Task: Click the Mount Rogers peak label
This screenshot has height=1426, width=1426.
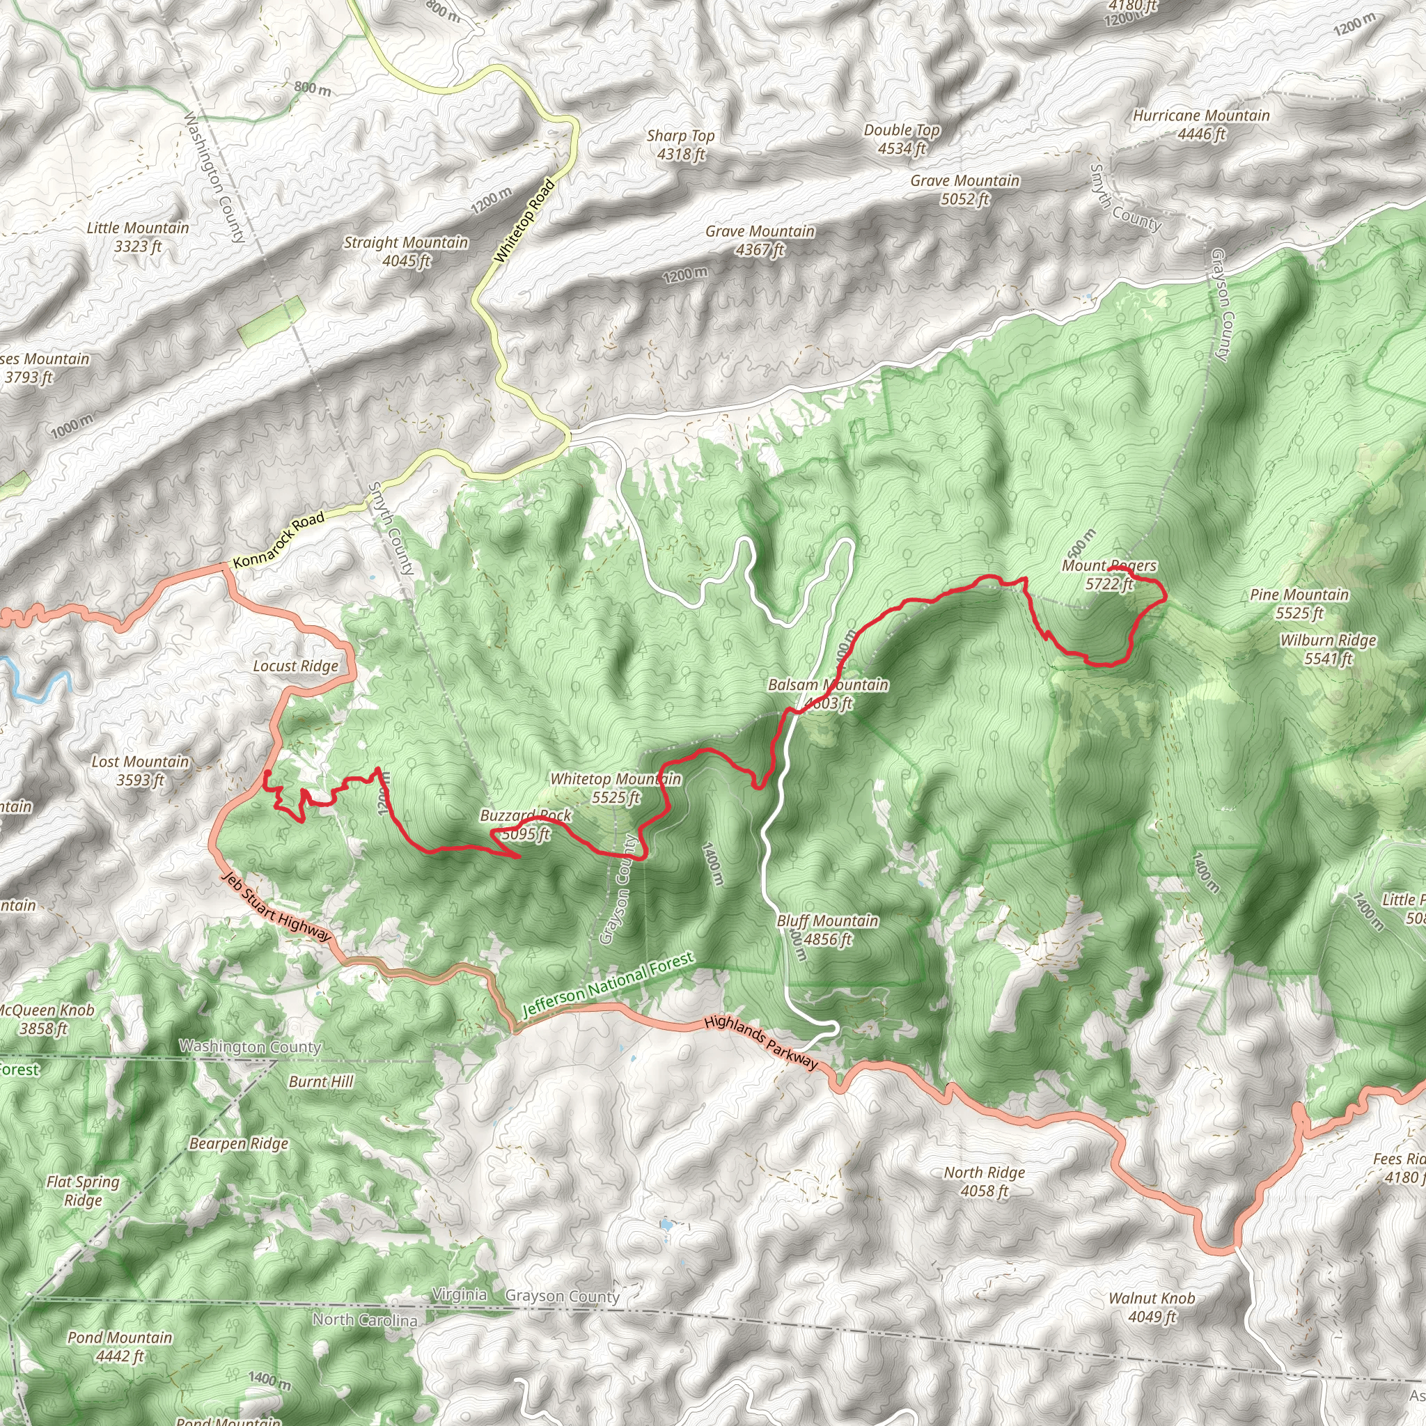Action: pos(1108,575)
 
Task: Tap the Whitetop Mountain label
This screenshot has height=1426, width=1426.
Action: pos(616,788)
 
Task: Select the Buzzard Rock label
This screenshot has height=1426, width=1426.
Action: pos(526,824)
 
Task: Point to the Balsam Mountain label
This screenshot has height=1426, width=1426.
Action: pos(828,694)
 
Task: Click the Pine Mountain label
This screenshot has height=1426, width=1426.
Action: pos(1299,604)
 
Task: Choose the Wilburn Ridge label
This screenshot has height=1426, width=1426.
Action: pos(1328,650)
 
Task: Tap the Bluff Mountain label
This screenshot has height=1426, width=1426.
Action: pos(827,930)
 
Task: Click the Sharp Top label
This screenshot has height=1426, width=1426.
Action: pos(680,145)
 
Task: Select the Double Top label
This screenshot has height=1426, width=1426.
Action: pos(902,139)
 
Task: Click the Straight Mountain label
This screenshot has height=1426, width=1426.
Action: pos(406,251)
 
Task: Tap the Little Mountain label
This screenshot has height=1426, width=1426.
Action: pos(138,237)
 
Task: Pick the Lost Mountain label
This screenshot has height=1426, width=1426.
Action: pos(140,771)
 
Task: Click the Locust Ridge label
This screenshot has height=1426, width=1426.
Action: pos(295,666)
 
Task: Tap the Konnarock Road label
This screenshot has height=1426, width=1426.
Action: pos(279,541)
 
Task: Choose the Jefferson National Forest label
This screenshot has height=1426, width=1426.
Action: pos(608,985)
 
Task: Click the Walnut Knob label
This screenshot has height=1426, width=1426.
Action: pos(1152,1307)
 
